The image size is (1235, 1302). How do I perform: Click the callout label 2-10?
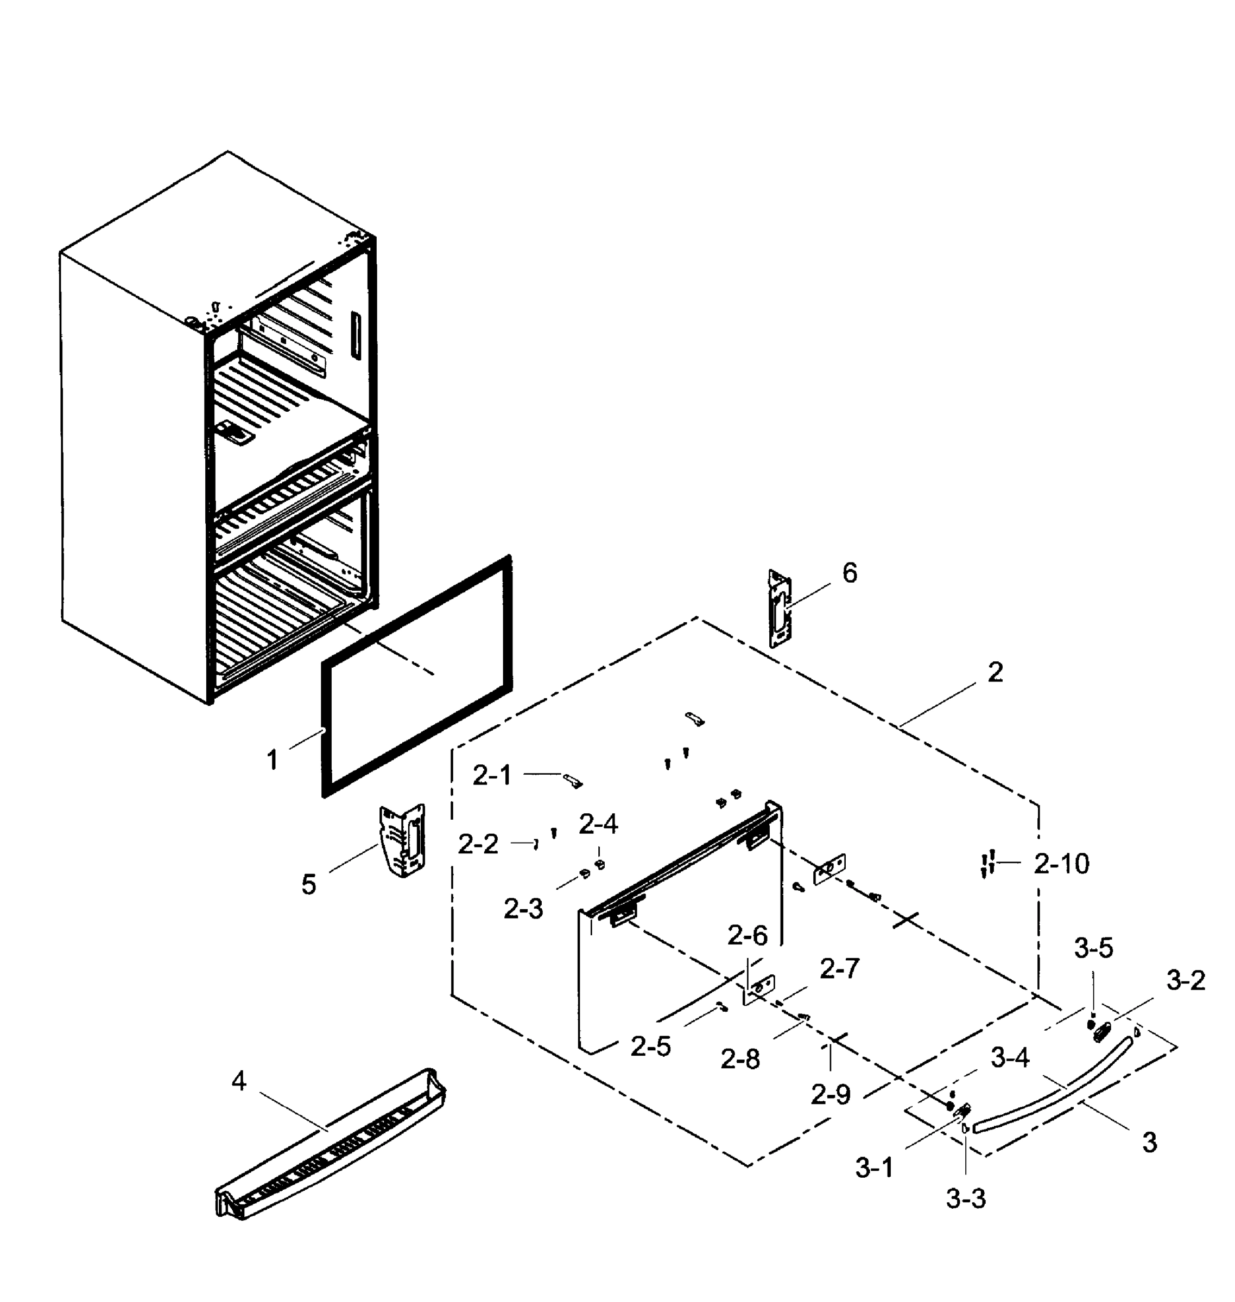(x=1061, y=864)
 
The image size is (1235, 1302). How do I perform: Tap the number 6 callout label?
(x=850, y=574)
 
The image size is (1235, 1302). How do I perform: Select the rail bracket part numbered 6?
(x=780, y=609)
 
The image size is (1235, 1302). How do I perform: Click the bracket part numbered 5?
(x=402, y=840)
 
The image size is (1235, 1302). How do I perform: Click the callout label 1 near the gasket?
(x=273, y=761)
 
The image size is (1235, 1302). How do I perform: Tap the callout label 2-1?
(x=492, y=776)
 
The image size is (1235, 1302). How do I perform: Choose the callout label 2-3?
(x=523, y=909)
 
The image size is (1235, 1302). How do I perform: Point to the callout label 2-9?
(x=830, y=1094)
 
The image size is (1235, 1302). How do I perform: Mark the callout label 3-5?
(x=1093, y=948)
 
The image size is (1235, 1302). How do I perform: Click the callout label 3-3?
(x=966, y=1199)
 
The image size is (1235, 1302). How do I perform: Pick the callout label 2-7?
(x=839, y=968)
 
